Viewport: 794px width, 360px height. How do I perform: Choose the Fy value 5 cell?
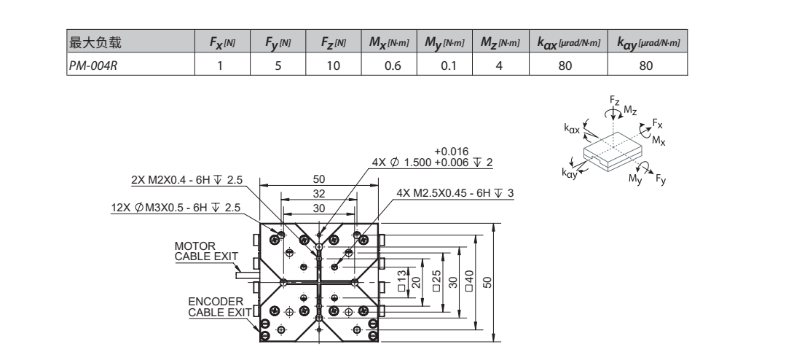[277, 65]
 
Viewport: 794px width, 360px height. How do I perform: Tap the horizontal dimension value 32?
[318, 194]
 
